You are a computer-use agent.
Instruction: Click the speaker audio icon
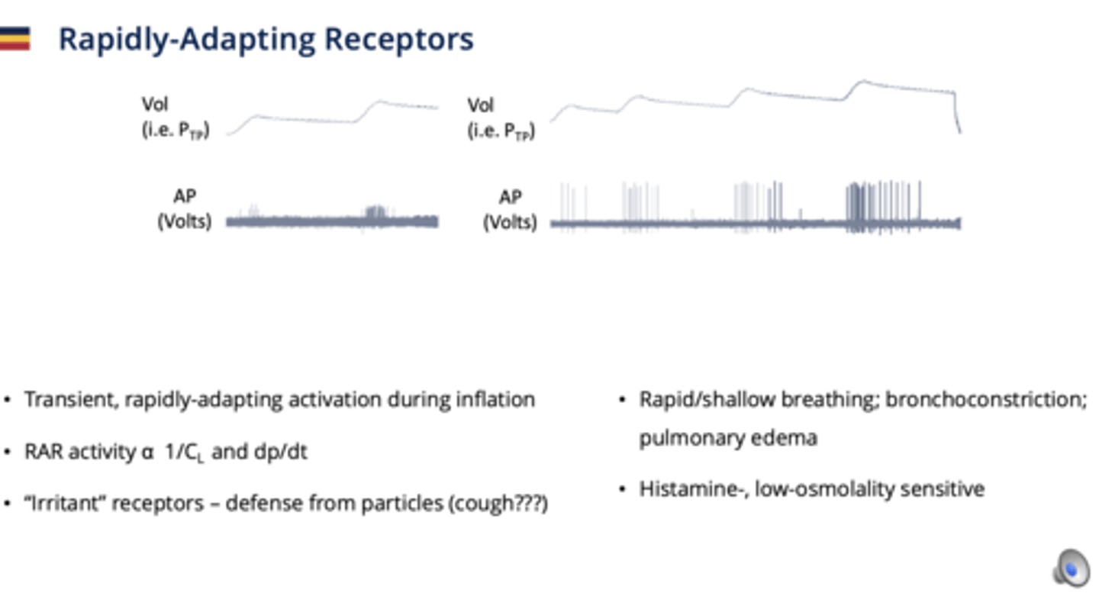1070,568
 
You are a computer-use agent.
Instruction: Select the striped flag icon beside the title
15,38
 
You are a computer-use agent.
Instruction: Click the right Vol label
481,105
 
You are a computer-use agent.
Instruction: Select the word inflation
501,399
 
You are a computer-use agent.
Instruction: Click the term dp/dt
285,452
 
